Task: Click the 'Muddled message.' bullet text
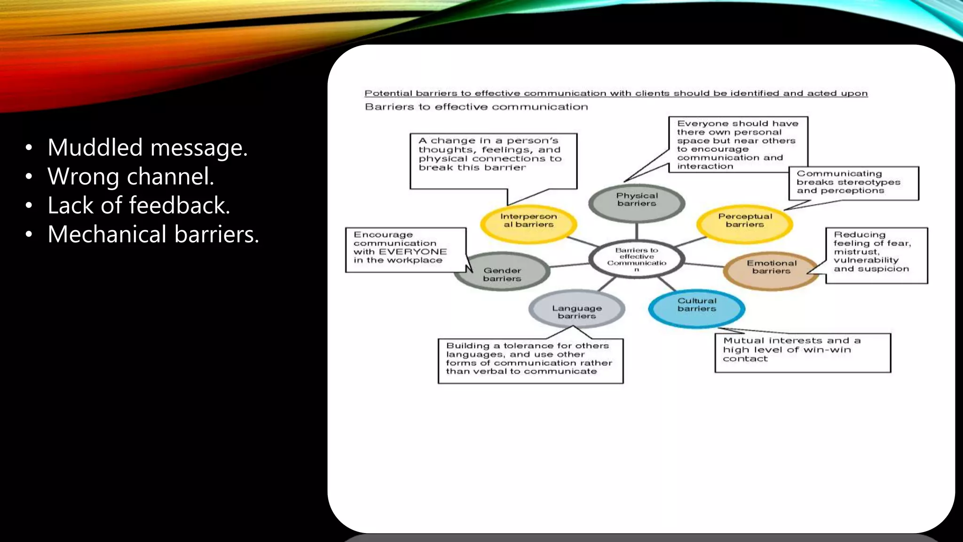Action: point(147,148)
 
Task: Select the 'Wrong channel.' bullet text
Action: point(131,177)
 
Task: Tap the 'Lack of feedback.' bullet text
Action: point(139,206)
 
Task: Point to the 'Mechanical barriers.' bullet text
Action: point(153,234)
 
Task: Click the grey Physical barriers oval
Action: point(637,202)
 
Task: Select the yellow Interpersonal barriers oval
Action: point(529,223)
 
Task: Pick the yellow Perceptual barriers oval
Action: point(745,223)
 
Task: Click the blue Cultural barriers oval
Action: point(696,307)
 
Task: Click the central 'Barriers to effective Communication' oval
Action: point(637,259)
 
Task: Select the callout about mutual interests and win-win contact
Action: point(802,352)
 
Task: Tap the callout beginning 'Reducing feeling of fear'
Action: point(876,255)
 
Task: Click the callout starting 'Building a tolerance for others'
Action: point(530,360)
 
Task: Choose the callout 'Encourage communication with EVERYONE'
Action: point(405,249)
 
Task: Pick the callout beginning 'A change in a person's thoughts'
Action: point(493,160)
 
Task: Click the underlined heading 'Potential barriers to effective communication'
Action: point(616,93)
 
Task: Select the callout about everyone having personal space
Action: point(738,144)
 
